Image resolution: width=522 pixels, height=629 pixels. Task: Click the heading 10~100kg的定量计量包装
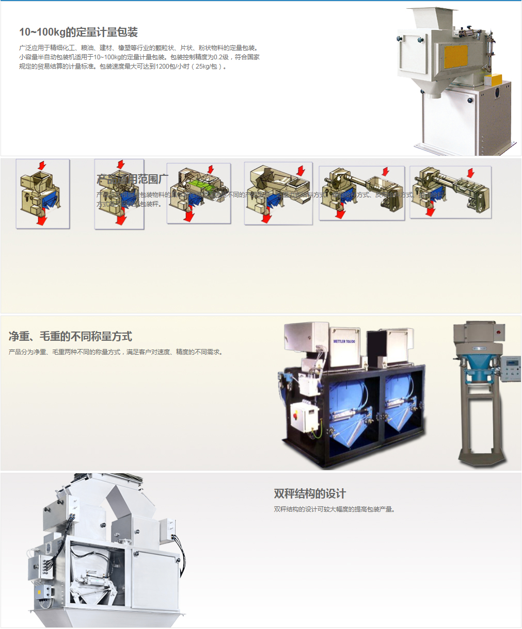pos(78,32)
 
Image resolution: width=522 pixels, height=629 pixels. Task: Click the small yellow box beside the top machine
pos(494,80)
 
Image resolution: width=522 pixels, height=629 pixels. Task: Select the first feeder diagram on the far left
pos(42,194)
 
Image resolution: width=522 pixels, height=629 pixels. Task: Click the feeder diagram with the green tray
pos(199,194)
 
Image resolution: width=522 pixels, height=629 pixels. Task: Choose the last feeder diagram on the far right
pos(450,192)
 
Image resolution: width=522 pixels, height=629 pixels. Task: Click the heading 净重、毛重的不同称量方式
pos(70,337)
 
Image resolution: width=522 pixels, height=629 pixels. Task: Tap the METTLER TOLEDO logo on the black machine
pos(344,341)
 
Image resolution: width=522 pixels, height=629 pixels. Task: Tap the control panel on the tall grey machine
pos(511,369)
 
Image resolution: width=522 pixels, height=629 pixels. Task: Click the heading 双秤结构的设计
pos(310,494)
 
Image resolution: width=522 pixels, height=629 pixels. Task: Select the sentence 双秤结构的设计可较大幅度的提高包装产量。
pos(335,509)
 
